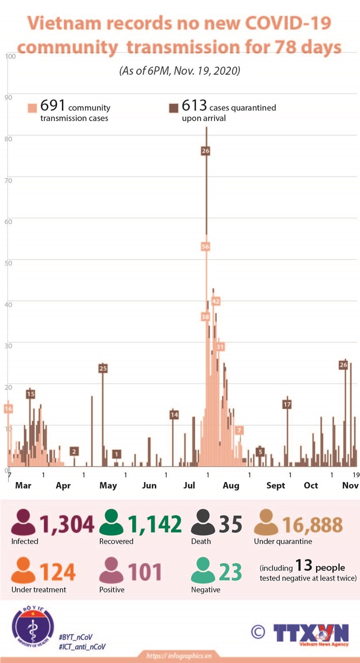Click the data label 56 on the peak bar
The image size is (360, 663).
[x=206, y=246]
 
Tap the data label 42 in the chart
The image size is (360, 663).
[x=216, y=301]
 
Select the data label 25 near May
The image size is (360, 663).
[x=103, y=368]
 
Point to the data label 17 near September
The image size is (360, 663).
[x=287, y=404]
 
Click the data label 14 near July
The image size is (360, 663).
[x=174, y=414]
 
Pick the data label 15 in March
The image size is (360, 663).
[x=30, y=394]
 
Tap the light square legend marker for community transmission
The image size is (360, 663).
[x=32, y=108]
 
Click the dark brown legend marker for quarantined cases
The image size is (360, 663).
[x=173, y=108]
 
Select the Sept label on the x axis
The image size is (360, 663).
[x=275, y=485]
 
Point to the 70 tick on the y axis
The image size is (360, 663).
[x=8, y=180]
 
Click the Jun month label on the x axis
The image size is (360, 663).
[x=149, y=485]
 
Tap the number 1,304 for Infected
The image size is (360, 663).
[x=67, y=524]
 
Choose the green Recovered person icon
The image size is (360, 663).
[x=111, y=523]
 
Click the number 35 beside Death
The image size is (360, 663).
[x=230, y=524]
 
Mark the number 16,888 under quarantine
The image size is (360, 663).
[x=312, y=525]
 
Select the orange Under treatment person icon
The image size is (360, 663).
[x=23, y=571]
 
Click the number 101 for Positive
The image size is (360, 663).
[x=145, y=572]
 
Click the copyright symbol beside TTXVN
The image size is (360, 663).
[x=258, y=631]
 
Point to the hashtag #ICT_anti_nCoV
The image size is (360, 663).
[x=82, y=647]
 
